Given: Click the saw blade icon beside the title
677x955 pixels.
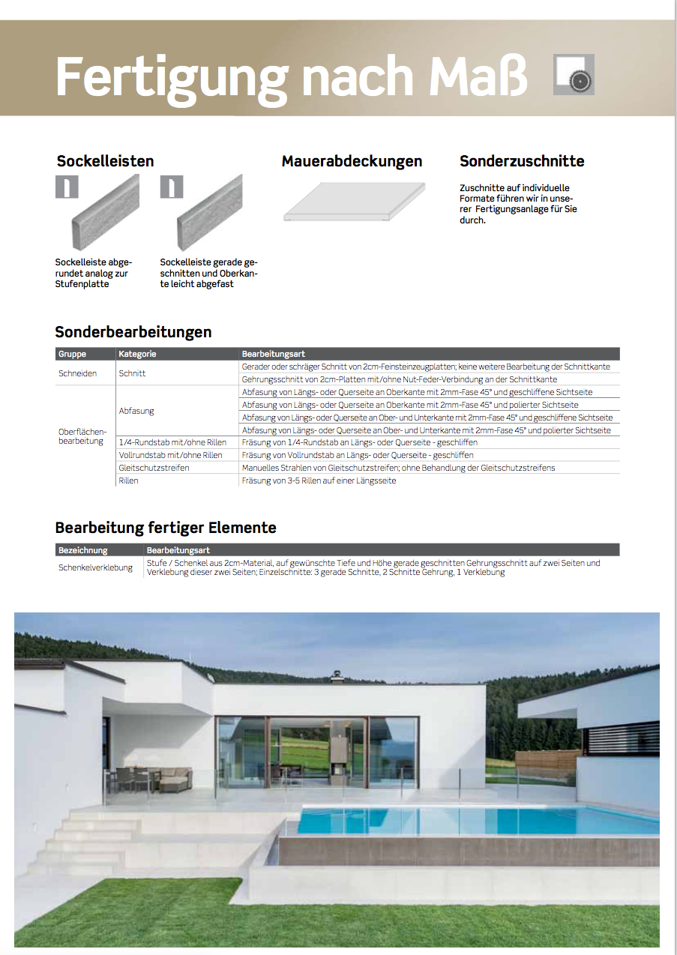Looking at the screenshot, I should click(x=574, y=74).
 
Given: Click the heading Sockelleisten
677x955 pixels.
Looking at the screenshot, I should click(x=106, y=161).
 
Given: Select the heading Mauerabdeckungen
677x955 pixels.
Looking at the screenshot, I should click(x=352, y=161).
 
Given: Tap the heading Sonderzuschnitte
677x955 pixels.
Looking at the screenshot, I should click(x=522, y=161).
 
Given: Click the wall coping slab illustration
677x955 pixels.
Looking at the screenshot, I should click(x=353, y=202).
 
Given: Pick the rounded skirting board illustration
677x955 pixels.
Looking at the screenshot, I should click(x=106, y=213).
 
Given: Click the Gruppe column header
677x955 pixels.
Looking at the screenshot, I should click(x=73, y=354).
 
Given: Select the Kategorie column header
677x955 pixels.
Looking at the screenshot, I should click(x=137, y=354).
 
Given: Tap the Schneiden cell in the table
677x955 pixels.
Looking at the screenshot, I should click(x=78, y=373).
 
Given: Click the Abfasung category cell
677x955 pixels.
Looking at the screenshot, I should click(x=136, y=411).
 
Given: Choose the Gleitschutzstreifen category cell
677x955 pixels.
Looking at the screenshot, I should click(x=154, y=468).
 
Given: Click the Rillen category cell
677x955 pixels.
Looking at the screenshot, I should click(x=128, y=480).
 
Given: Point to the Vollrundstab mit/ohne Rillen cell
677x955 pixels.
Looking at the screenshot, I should click(x=171, y=455).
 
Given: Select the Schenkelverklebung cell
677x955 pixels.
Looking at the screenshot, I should click(x=96, y=567).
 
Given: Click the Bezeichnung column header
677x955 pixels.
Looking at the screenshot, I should click(x=83, y=550).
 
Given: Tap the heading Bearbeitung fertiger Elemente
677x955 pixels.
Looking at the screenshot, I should click(x=166, y=528).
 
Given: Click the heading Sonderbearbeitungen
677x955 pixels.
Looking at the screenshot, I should click(x=133, y=331).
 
